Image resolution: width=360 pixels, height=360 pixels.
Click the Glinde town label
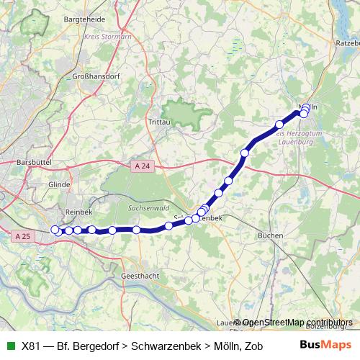pos(59,184)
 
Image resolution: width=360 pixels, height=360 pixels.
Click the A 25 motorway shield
pos(22,235)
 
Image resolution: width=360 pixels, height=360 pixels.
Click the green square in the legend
pos(9,346)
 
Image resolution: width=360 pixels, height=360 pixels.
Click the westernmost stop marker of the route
pos(55,230)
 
